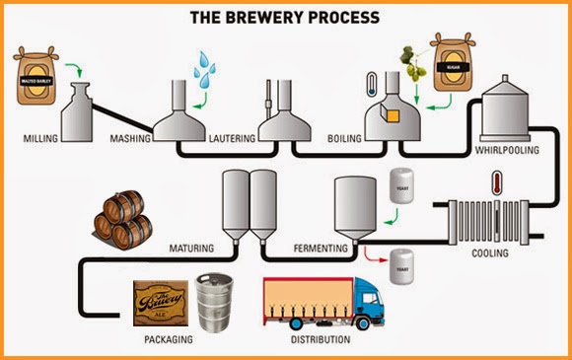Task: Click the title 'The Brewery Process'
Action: (285, 19)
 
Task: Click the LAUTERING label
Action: (233, 139)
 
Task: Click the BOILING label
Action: (344, 139)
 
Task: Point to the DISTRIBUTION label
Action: (314, 340)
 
